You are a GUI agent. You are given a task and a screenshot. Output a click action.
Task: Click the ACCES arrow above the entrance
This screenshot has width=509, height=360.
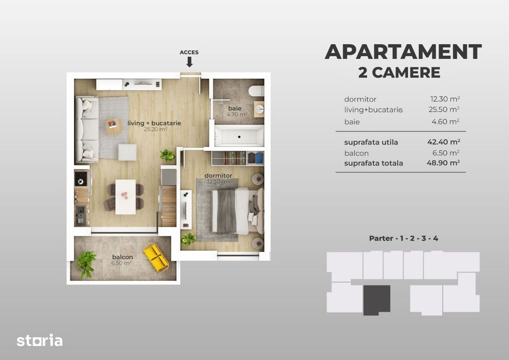[189, 62]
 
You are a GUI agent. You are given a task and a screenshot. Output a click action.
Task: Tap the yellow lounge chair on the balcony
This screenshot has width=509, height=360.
[155, 257]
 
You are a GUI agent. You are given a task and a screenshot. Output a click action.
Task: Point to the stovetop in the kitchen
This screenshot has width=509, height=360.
[81, 178]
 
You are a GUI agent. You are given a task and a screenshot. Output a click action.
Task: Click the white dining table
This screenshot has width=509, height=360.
[125, 196]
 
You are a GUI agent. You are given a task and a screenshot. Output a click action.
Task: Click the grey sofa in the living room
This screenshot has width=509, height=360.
[87, 129]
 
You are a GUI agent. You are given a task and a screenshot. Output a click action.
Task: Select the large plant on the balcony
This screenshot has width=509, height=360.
[86, 263]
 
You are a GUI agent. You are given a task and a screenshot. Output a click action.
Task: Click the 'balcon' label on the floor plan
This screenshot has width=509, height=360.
[122, 257]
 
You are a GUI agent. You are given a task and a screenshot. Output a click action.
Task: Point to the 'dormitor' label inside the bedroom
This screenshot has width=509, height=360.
[218, 175]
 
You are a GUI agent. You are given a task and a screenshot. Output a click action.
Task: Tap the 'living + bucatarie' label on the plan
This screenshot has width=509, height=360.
[155, 123]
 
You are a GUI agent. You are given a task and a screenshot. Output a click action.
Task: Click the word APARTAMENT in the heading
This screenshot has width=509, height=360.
[403, 52]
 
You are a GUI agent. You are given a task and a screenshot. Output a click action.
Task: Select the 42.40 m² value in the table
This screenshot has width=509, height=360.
[444, 142]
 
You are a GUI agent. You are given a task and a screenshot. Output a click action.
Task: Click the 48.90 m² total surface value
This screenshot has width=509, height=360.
[444, 163]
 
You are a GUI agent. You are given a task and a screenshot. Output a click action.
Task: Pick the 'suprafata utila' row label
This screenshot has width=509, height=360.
[371, 142]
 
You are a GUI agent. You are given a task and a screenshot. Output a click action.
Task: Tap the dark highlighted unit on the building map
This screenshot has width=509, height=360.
[377, 299]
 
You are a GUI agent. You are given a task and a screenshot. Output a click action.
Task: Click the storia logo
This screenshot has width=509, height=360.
[40, 340]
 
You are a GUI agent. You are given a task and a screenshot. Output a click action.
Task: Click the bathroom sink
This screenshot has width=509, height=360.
[259, 109]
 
